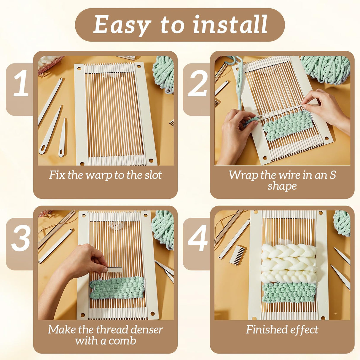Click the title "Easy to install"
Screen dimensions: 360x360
click(x=180, y=25)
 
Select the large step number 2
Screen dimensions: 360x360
click(x=197, y=84)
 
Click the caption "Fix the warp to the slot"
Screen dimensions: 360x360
click(x=105, y=175)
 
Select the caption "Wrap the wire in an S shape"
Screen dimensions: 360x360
click(x=282, y=180)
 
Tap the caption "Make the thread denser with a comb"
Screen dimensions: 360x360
click(x=105, y=335)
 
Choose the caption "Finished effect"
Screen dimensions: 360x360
click(x=282, y=329)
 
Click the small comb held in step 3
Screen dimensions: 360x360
click(x=114, y=270)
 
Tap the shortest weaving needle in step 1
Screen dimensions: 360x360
click(x=63, y=138)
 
